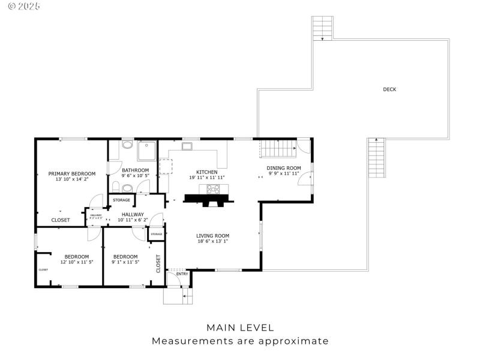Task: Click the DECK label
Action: click(x=389, y=89)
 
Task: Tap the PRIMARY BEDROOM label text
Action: click(x=72, y=173)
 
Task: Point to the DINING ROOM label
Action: click(x=284, y=168)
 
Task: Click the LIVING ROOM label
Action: click(x=213, y=236)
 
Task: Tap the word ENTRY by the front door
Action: click(x=182, y=274)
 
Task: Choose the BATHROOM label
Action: click(x=135, y=170)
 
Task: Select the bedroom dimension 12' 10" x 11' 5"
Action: click(x=77, y=262)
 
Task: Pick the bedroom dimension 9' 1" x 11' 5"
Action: click(x=125, y=262)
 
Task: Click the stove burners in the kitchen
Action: click(x=214, y=189)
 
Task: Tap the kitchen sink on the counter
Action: click(x=187, y=146)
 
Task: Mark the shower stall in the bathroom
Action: click(x=146, y=151)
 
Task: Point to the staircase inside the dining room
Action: click(x=278, y=148)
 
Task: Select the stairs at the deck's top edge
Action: click(x=322, y=28)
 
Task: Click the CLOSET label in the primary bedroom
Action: click(x=61, y=220)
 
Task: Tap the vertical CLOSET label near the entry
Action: click(x=158, y=263)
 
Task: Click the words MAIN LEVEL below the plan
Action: click(x=240, y=328)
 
